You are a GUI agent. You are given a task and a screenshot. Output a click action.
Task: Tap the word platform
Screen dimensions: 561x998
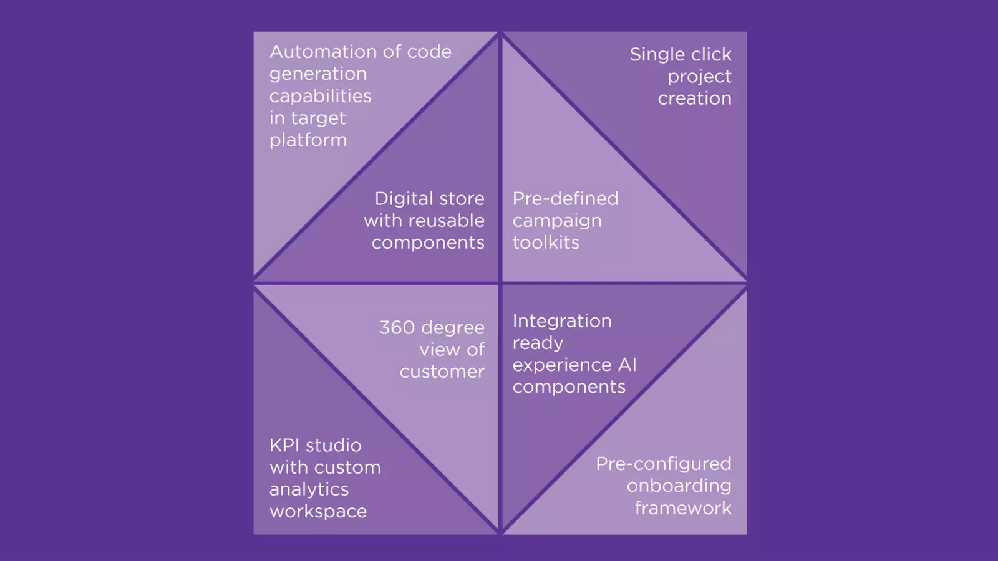point(308,140)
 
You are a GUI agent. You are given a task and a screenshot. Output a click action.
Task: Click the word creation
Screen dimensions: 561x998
point(694,98)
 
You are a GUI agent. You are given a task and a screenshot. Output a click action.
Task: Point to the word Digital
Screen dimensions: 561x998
point(402,199)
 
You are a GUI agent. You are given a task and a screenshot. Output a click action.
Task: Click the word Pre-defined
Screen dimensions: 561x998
point(565,199)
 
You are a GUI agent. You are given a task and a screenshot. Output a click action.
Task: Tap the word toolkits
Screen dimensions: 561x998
point(546,242)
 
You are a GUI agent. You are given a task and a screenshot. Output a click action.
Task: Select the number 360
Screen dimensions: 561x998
point(397,328)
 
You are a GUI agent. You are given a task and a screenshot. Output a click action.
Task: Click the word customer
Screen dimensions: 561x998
point(442,372)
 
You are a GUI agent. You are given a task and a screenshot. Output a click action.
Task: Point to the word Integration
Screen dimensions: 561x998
point(562,321)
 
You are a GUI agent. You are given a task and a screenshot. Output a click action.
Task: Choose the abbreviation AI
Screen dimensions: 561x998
point(627,365)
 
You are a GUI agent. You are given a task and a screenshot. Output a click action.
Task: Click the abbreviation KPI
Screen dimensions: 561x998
point(286,446)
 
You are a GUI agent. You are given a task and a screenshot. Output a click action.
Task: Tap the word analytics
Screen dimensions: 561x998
point(309,490)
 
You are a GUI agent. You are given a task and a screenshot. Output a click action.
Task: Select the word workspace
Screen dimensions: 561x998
point(318,512)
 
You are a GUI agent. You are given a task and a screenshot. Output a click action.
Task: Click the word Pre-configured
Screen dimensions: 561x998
point(663,464)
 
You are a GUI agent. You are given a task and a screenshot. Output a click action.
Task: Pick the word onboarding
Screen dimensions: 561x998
point(679,486)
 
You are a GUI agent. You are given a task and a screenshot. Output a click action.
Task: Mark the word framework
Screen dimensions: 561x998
point(682,509)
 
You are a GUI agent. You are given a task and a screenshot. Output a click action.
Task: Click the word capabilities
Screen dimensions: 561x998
point(320,97)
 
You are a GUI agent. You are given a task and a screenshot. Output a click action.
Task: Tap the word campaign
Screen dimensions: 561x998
point(557,221)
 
